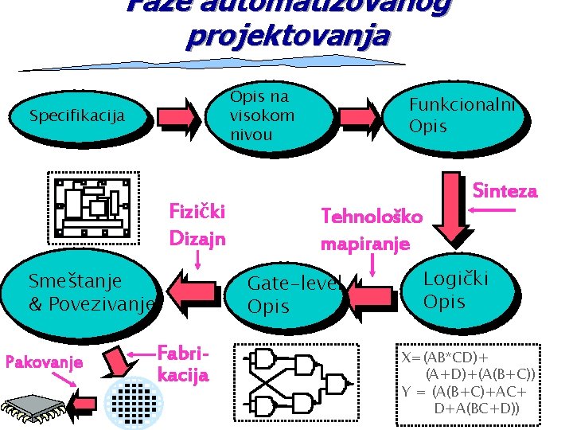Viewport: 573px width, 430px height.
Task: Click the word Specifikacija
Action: click(x=76, y=116)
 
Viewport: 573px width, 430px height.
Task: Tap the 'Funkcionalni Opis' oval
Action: click(x=462, y=115)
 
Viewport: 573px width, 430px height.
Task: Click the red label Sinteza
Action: click(x=505, y=191)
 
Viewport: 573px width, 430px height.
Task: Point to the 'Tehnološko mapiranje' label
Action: click(x=372, y=229)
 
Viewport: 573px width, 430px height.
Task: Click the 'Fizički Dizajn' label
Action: click(x=197, y=225)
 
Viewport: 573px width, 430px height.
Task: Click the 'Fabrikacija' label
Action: click(x=183, y=363)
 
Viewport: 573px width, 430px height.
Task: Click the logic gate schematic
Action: click(x=298, y=381)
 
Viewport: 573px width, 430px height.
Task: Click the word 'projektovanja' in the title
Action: click(x=287, y=36)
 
